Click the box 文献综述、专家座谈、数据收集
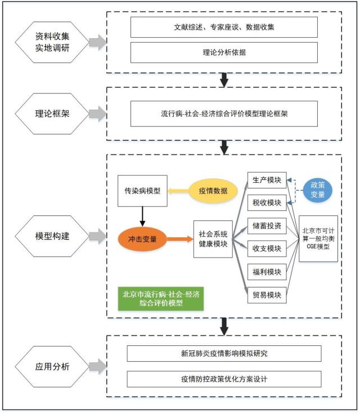[224, 26]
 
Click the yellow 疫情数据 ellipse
[212, 191]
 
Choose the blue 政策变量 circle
[318, 190]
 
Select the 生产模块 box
[267, 179]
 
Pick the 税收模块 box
[267, 202]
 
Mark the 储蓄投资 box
[267, 226]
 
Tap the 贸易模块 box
[267, 294]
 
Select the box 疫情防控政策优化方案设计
[224, 379]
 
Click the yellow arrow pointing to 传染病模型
[178, 191]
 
